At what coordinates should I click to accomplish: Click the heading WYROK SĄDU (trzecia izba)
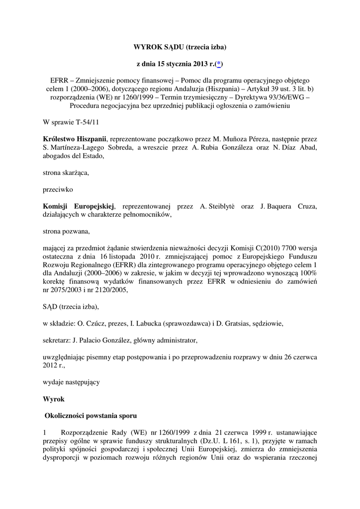point(180,47)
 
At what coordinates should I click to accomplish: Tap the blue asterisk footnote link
point(219,64)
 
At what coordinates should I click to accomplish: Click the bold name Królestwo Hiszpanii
point(75,139)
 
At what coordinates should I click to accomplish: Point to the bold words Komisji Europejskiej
point(79,206)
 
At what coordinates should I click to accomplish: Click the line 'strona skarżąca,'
point(66,173)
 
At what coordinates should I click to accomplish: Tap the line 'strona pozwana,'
point(66,231)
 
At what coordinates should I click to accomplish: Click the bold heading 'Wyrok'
point(54,399)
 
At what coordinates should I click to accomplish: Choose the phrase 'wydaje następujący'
point(72,382)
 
